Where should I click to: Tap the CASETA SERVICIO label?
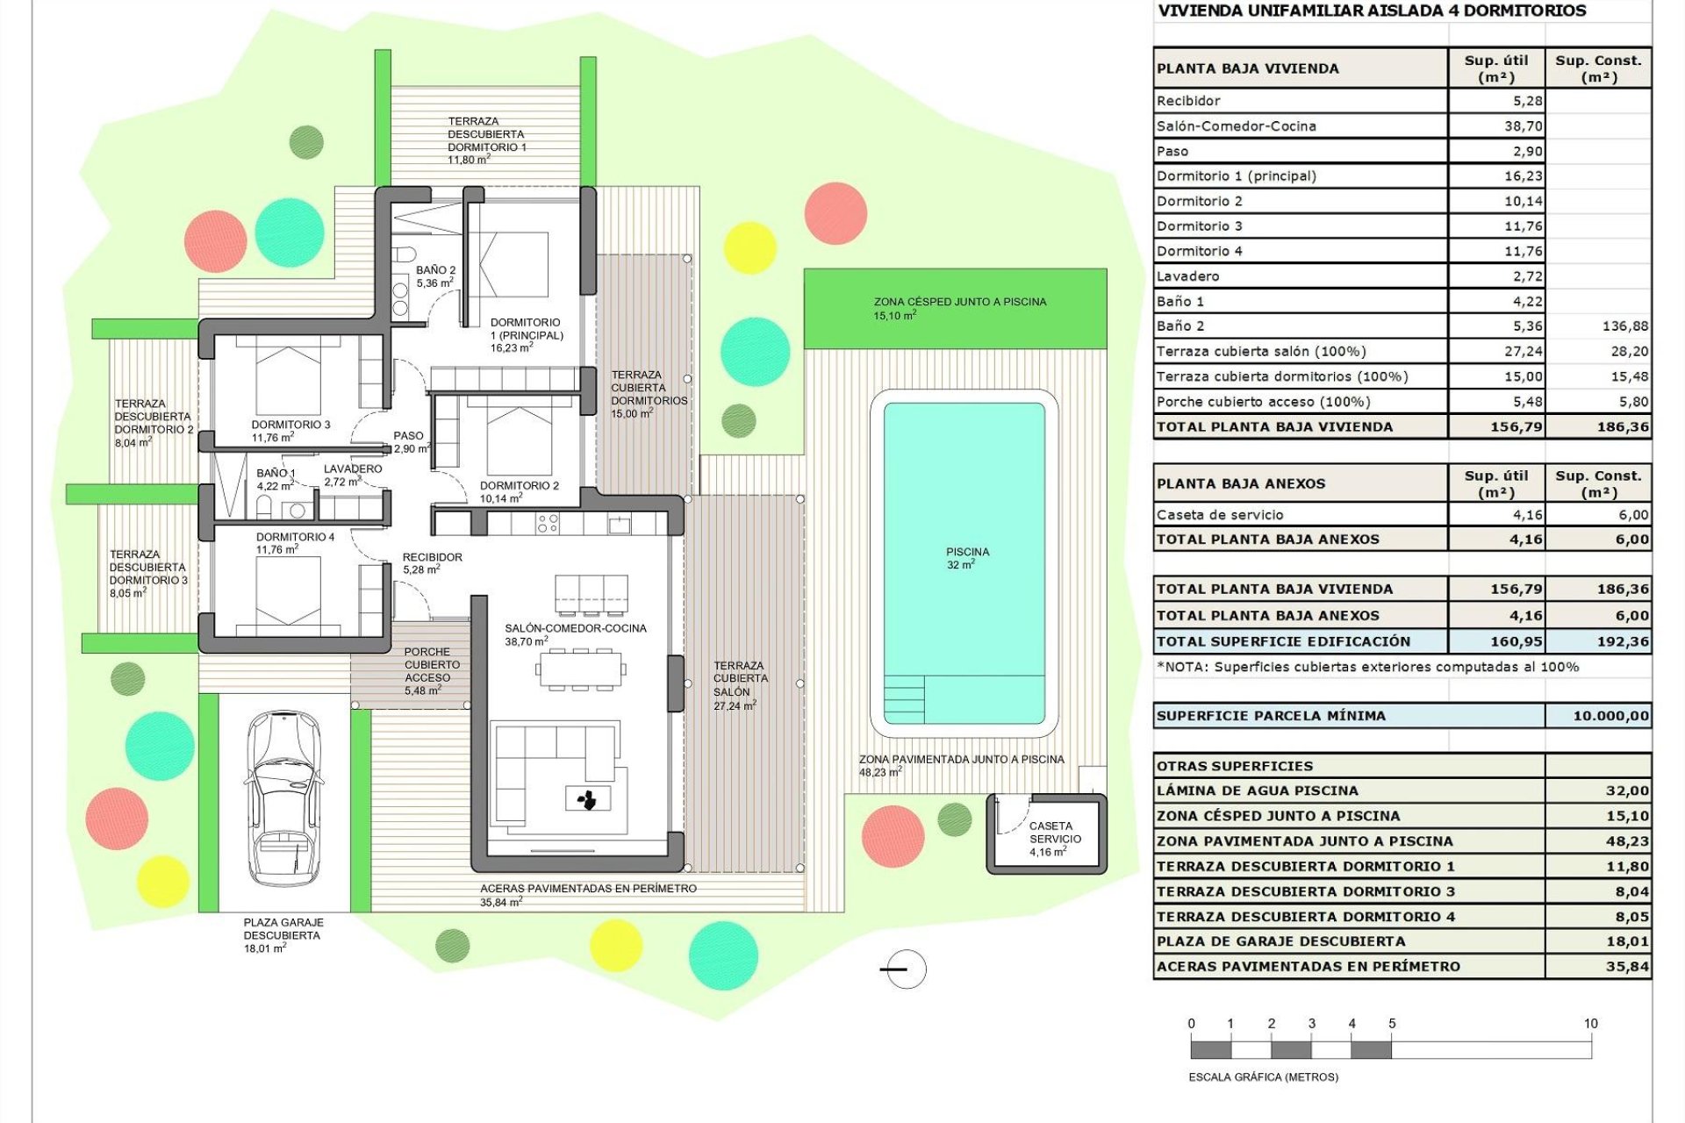(1054, 839)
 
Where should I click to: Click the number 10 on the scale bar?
(1590, 1024)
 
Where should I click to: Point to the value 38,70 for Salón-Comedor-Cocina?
(1523, 126)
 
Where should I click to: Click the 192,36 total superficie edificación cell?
(1623, 641)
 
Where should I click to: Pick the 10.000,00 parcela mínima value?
(1610, 716)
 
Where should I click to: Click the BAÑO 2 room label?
(435, 276)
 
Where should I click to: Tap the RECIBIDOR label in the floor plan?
(432, 563)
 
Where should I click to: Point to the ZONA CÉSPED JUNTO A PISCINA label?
(959, 308)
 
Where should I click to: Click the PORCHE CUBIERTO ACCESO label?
(432, 671)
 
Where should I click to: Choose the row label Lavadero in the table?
(1187, 276)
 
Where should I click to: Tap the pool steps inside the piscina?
(903, 698)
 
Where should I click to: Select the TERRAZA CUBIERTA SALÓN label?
(740, 685)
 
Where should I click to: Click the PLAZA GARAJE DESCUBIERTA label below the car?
(283, 935)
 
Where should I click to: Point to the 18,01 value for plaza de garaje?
(1626, 941)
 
